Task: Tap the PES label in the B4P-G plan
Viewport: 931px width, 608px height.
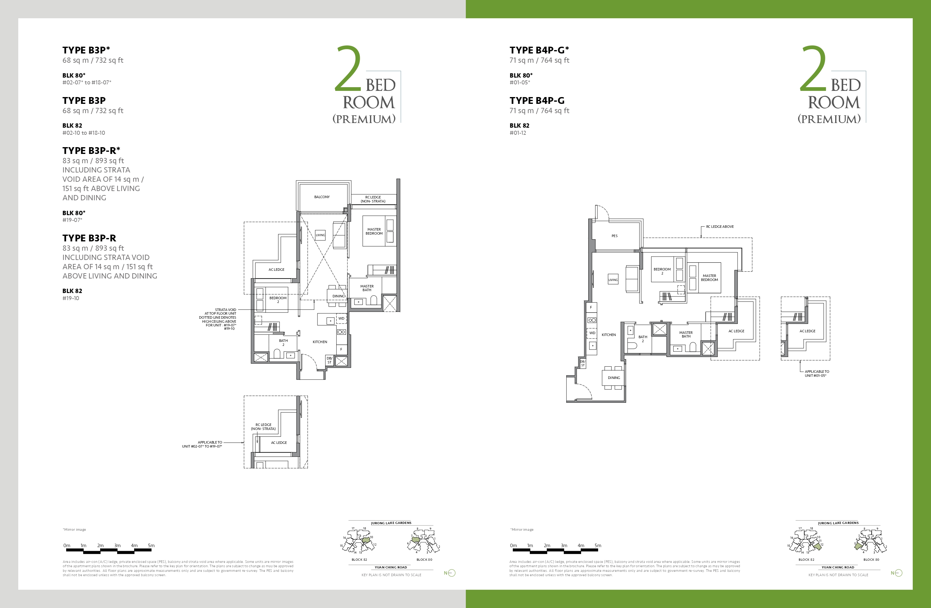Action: point(614,236)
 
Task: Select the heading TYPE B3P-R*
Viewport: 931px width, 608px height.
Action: point(91,151)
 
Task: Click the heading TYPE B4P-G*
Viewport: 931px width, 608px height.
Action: point(539,50)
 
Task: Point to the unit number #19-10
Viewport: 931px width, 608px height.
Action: point(71,298)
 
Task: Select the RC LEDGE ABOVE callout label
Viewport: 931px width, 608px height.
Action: point(720,227)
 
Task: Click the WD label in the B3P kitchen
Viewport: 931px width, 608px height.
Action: point(341,318)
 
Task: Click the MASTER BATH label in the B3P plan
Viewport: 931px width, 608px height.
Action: point(367,288)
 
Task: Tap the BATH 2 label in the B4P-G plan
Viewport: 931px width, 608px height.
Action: point(643,339)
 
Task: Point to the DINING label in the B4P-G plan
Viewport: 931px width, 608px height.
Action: point(614,377)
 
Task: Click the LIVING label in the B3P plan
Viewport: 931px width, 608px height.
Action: point(320,235)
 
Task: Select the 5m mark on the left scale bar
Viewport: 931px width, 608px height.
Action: point(151,545)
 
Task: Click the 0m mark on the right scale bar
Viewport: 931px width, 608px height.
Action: point(513,545)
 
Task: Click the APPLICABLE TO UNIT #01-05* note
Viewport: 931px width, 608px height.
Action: point(816,374)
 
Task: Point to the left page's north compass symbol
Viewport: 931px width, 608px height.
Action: point(450,573)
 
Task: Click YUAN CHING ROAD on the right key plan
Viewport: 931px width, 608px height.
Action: point(838,567)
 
